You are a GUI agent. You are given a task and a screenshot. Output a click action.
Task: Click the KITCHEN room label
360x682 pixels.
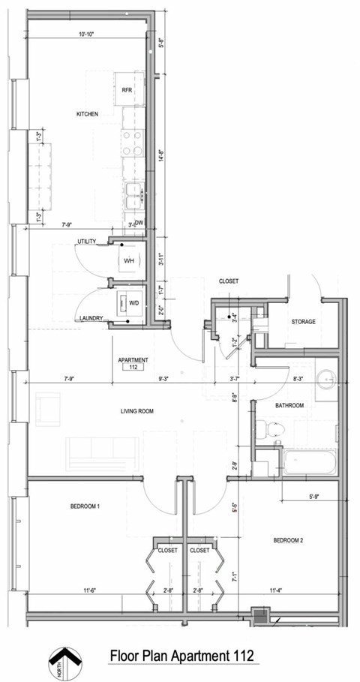click(x=88, y=114)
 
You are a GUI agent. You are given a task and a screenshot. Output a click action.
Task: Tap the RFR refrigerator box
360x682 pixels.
click(x=127, y=89)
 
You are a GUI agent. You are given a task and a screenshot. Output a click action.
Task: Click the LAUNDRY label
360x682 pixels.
click(x=89, y=319)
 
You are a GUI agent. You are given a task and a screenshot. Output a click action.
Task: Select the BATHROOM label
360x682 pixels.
click(x=289, y=406)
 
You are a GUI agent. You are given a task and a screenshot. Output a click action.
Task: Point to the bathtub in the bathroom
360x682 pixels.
click(x=309, y=461)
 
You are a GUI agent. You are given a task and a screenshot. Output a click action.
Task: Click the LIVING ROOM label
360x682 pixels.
click(x=137, y=411)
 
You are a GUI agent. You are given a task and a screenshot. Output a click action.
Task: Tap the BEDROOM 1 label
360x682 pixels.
click(x=85, y=506)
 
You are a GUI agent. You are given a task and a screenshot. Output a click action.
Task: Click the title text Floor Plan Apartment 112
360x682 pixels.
click(x=182, y=656)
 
